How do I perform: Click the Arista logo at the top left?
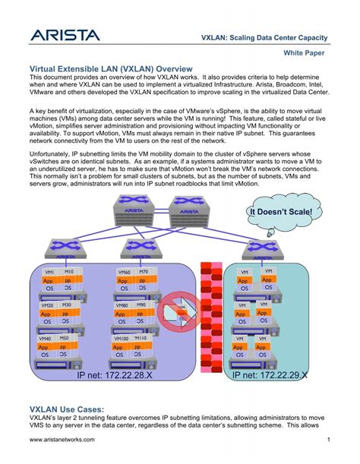click(x=65, y=35)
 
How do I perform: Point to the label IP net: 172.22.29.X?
click(x=270, y=375)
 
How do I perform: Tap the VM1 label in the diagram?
click(x=49, y=272)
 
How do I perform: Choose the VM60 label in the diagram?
click(x=125, y=272)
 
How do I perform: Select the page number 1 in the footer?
click(x=328, y=440)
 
